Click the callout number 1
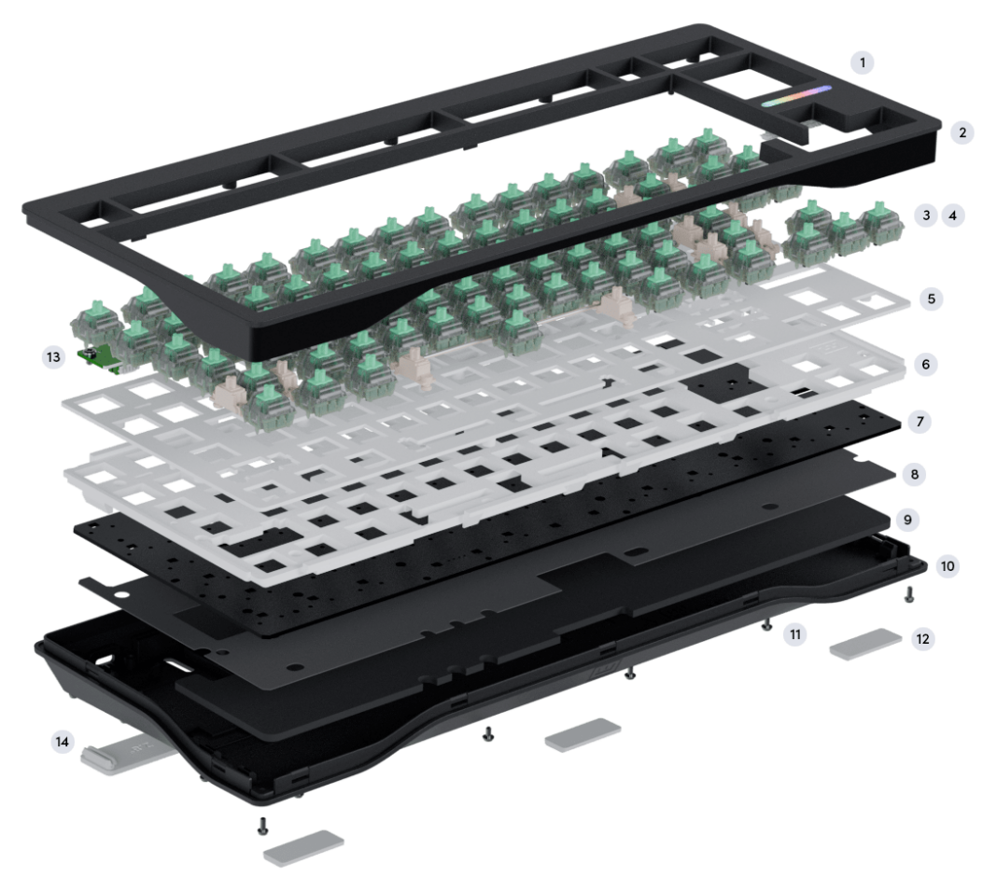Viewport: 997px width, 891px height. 863,63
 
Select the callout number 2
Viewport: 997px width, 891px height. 962,132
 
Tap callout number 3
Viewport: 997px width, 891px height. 926,216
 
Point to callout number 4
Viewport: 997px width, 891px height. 952,216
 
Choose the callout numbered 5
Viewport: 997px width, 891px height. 932,299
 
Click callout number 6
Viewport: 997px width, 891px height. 926,365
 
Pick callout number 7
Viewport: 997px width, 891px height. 920,422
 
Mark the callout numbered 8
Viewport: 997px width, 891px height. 914,474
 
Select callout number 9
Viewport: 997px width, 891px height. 907,520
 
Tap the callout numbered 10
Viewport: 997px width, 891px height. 948,566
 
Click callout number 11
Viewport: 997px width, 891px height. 795,634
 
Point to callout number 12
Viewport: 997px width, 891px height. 922,639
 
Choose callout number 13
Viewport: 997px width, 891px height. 53,357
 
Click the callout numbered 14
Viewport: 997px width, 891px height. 63,742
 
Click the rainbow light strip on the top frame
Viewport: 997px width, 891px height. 796,97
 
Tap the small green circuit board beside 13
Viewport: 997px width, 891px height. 99,358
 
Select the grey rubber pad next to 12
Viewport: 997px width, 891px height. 865,644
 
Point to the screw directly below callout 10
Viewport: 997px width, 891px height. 909,595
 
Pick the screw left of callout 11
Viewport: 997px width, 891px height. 767,625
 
